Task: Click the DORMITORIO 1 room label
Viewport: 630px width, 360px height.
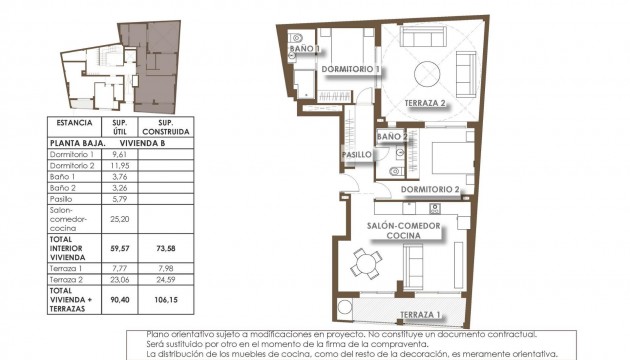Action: click(351, 68)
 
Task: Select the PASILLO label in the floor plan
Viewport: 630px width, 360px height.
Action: click(358, 155)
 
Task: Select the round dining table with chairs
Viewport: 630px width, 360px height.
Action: click(366, 266)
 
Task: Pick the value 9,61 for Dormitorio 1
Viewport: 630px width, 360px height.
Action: click(120, 155)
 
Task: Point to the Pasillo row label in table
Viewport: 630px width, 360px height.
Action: click(64, 200)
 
